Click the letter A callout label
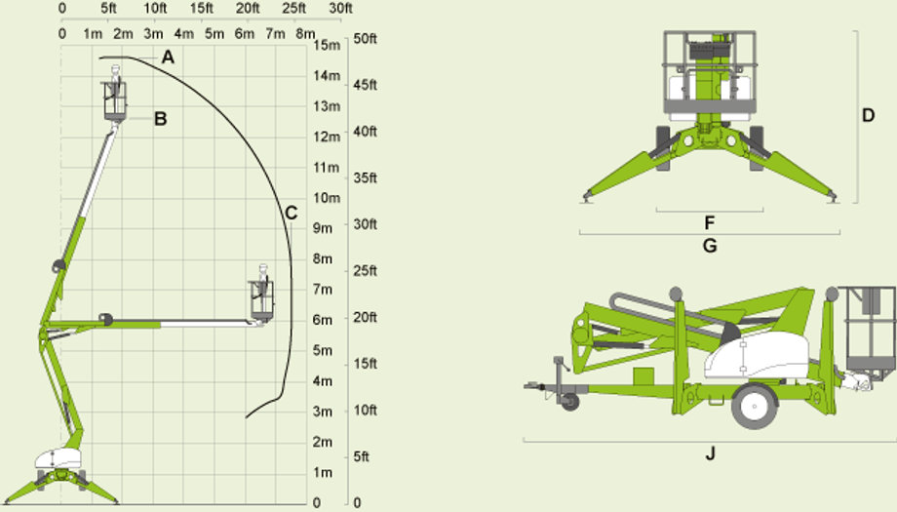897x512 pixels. pos(168,58)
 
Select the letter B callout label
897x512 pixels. pos(161,118)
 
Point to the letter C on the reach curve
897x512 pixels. pos(292,214)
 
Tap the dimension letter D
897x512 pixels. pos(869,115)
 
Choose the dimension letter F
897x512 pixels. pos(710,222)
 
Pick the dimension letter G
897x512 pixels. pos(710,246)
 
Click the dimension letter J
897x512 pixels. pos(710,453)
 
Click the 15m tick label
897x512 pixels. pos(327,45)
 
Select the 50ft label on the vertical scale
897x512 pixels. pos(366,39)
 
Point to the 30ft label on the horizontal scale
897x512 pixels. pos(341,8)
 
